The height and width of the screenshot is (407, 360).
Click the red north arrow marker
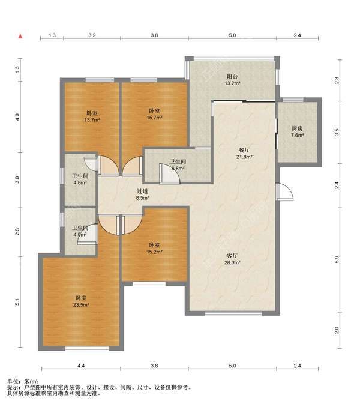pos(20,36)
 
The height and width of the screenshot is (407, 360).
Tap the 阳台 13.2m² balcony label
pos(232,80)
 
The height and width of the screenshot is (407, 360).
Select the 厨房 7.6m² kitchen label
pos(297,131)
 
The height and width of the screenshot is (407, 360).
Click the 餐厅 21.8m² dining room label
pos(244,154)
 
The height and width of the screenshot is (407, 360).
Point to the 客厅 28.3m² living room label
pos(232,259)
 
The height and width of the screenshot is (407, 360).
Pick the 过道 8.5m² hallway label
pos(142,194)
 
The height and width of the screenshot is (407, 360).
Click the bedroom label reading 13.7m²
pos(92,116)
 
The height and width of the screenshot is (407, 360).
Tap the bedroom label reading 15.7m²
pos(154,114)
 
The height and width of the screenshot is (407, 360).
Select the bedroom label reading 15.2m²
pos(154,248)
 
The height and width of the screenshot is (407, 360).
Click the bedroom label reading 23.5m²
pos(81,301)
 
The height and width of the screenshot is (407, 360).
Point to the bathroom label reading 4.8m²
pos(80,179)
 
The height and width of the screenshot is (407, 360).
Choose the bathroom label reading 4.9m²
pos(80,231)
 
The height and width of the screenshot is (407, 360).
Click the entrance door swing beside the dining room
pos(285,191)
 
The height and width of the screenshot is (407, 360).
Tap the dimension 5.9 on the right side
pos(337,259)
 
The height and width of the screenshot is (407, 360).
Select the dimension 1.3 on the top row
pos(52,35)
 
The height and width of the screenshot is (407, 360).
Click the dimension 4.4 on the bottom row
pos(81,366)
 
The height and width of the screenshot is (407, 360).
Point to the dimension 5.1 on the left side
pos(17,302)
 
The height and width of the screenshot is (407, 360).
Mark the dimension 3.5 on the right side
pos(337,133)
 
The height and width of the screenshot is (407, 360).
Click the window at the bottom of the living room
pos(233,313)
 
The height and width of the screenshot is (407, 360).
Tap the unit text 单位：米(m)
pos(22,382)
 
